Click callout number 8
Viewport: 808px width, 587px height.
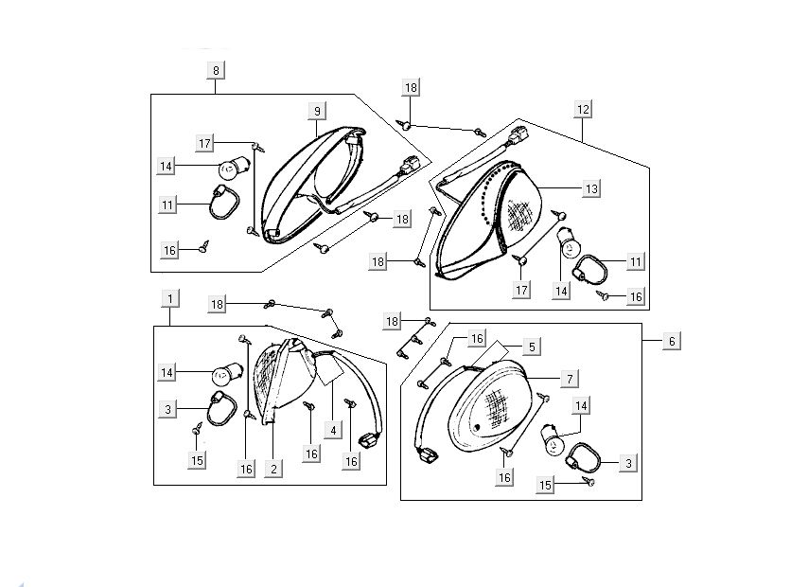coord(216,70)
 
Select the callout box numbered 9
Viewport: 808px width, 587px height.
coord(318,112)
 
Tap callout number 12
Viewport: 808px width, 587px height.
coord(582,110)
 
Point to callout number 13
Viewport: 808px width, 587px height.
coord(590,189)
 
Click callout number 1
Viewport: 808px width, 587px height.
coord(169,299)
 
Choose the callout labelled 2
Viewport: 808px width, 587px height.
coord(272,468)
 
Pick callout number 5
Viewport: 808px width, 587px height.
coord(533,347)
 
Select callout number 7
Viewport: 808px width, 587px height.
coord(569,379)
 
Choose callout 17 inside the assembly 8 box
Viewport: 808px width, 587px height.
coord(205,143)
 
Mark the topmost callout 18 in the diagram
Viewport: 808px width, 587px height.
coord(410,87)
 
